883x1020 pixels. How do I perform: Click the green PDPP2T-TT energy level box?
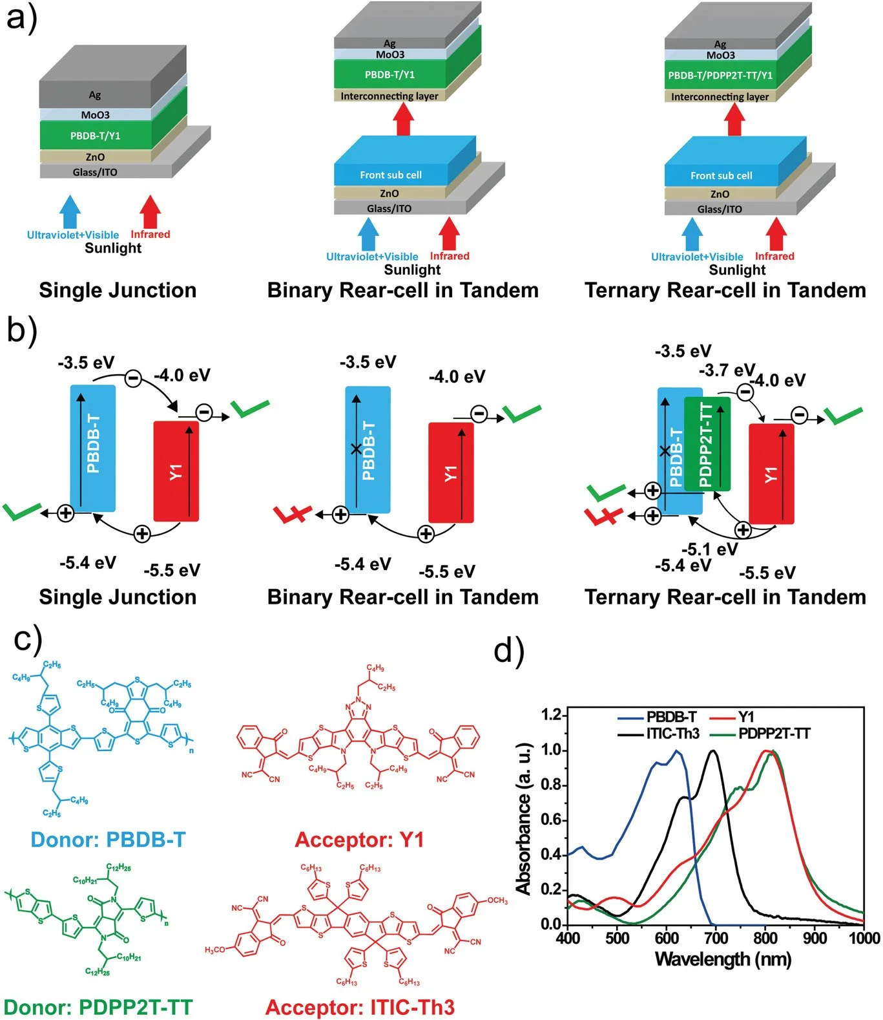pos(707,444)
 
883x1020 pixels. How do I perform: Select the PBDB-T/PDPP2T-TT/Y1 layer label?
pos(720,76)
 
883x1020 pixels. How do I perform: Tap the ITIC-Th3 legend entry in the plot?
pos(672,734)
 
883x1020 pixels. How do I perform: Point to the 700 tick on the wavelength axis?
pos(716,937)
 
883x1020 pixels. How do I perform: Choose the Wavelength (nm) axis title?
pos(723,959)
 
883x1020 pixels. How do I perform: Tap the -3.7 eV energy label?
pos(727,370)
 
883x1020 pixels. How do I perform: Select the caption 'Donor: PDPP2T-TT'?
pos(98,1007)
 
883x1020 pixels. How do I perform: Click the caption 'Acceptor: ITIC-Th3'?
pos(360,1007)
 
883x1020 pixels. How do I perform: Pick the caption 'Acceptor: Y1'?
pos(359,840)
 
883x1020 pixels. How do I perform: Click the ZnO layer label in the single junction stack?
pos(95,157)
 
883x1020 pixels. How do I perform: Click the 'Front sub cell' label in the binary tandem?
pos(391,175)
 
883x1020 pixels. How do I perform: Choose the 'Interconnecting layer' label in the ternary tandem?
pos(720,97)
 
